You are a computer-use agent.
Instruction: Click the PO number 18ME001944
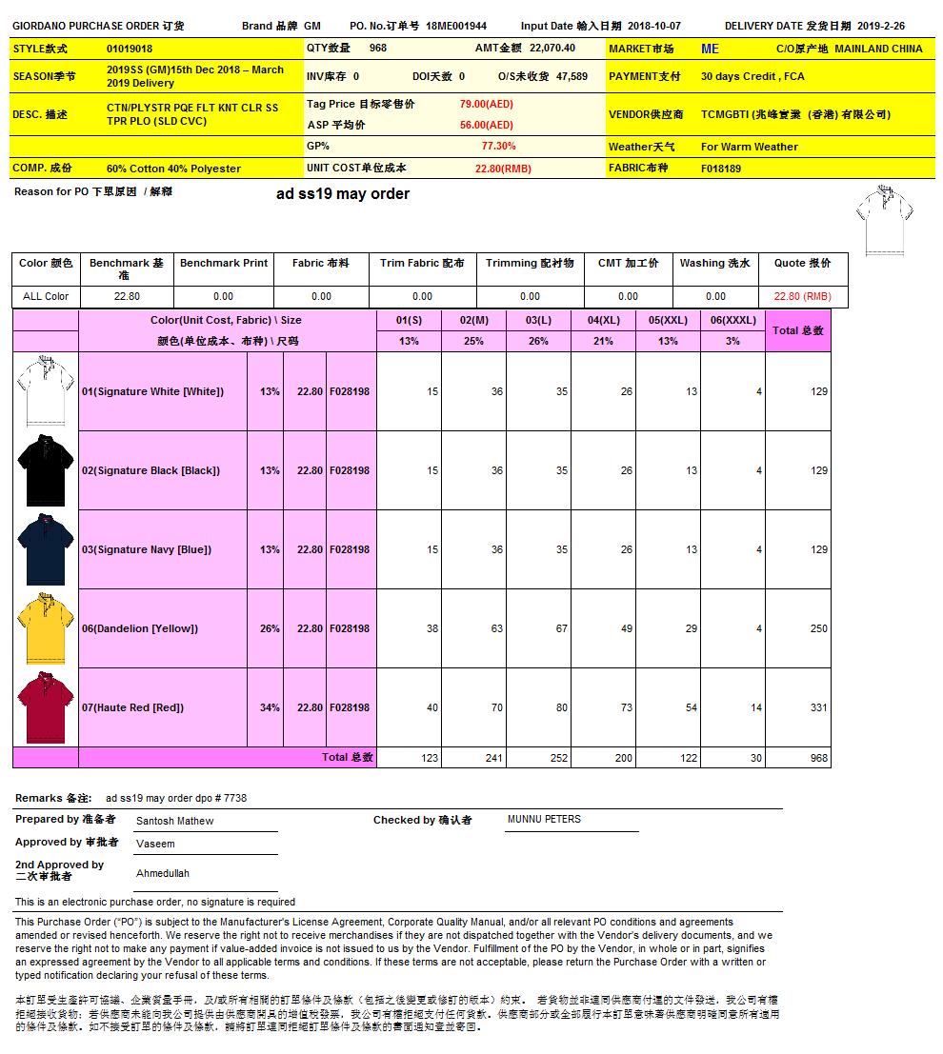tap(455, 26)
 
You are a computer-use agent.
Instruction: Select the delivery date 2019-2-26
tap(881, 26)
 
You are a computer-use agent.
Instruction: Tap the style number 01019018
tap(130, 48)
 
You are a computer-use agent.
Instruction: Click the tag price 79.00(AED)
tap(486, 104)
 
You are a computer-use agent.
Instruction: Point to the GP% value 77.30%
tap(498, 147)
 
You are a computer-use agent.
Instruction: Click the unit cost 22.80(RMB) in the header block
tap(503, 169)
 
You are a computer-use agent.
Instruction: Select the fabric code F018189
tap(721, 169)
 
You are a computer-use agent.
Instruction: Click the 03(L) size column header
tap(538, 321)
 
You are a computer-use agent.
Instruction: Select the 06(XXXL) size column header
tap(732, 321)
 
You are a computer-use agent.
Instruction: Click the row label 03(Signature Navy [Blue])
tap(147, 549)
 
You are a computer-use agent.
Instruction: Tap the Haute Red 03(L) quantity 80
tap(561, 707)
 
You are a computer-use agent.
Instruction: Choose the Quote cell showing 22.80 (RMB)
tap(801, 296)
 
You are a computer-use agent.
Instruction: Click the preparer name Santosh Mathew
tap(175, 821)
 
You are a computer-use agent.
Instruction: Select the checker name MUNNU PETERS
tap(544, 819)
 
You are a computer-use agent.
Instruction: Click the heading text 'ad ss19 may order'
tap(343, 194)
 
